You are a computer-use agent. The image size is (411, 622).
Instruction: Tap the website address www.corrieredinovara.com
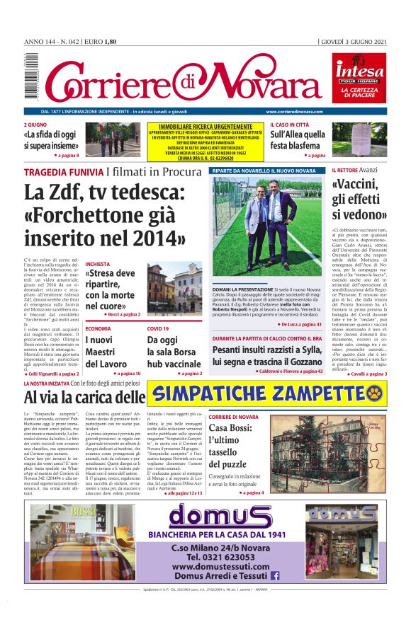pos(294,112)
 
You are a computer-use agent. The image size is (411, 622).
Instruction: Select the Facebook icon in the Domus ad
pos(275,576)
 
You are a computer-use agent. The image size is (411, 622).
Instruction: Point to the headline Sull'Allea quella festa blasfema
pos(298,140)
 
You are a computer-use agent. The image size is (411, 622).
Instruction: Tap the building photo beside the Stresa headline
pos(164,288)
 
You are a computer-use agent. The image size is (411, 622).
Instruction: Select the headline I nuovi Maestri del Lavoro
pos(107,352)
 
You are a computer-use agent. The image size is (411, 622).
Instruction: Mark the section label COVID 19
pos(158,329)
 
